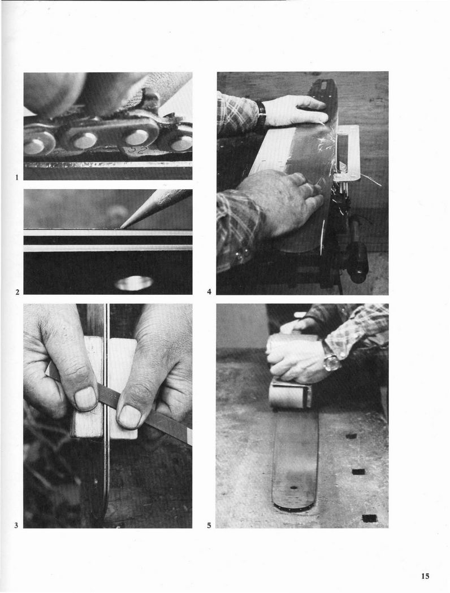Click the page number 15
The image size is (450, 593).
[425, 576]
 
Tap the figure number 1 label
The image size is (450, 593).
[17, 177]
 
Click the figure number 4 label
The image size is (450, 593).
[209, 292]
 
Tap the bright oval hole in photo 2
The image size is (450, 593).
[134, 283]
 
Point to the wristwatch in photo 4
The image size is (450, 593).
[261, 112]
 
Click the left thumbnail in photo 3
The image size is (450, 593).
[86, 399]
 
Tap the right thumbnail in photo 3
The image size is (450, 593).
[129, 416]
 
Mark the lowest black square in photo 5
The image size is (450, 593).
[369, 518]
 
